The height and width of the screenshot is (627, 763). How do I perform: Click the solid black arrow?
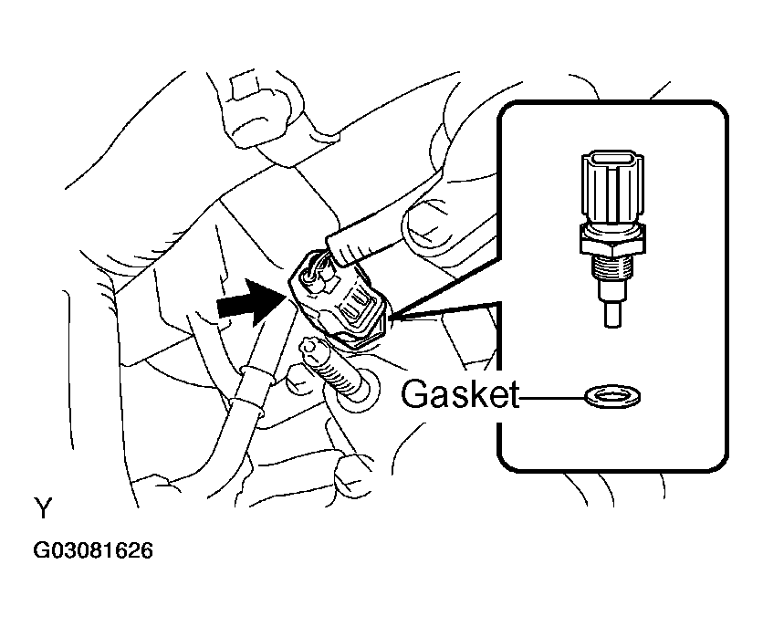click(251, 303)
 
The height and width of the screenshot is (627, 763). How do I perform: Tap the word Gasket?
click(459, 393)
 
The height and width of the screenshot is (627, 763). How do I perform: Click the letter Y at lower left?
click(43, 507)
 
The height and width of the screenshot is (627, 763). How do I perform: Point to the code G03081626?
click(92, 550)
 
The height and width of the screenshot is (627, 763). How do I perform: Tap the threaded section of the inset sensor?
click(612, 270)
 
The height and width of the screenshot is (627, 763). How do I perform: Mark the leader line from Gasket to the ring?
click(552, 397)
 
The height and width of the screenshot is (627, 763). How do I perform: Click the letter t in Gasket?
click(512, 395)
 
